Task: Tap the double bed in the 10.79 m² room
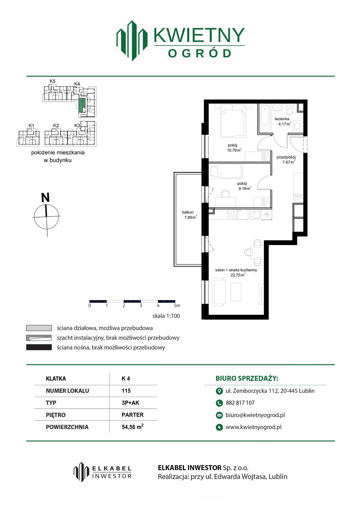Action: pyautogui.click(x=233, y=121)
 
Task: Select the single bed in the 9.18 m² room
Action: pyautogui.click(x=226, y=171)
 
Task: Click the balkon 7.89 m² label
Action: pyautogui.click(x=189, y=215)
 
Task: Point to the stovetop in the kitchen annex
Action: pyautogui.click(x=232, y=214)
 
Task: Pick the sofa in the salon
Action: pyautogui.click(x=219, y=293)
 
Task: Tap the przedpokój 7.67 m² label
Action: pyautogui.click(x=286, y=159)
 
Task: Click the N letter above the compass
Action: pyautogui.click(x=45, y=197)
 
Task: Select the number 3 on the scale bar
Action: pyautogui.click(x=141, y=306)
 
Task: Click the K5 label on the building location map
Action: pyautogui.click(x=53, y=81)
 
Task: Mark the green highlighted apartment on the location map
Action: pyautogui.click(x=82, y=106)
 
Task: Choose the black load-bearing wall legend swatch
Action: pyautogui.click(x=39, y=347)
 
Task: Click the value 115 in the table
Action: pyautogui.click(x=126, y=391)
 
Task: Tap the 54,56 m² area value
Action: pyautogui.click(x=133, y=427)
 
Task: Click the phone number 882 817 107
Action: pyautogui.click(x=240, y=403)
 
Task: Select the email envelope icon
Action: pyautogui.click(x=219, y=415)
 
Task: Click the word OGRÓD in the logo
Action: pyautogui.click(x=199, y=53)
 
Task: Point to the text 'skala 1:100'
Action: pyautogui.click(x=166, y=316)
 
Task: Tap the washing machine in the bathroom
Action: pyautogui.click(x=298, y=126)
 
